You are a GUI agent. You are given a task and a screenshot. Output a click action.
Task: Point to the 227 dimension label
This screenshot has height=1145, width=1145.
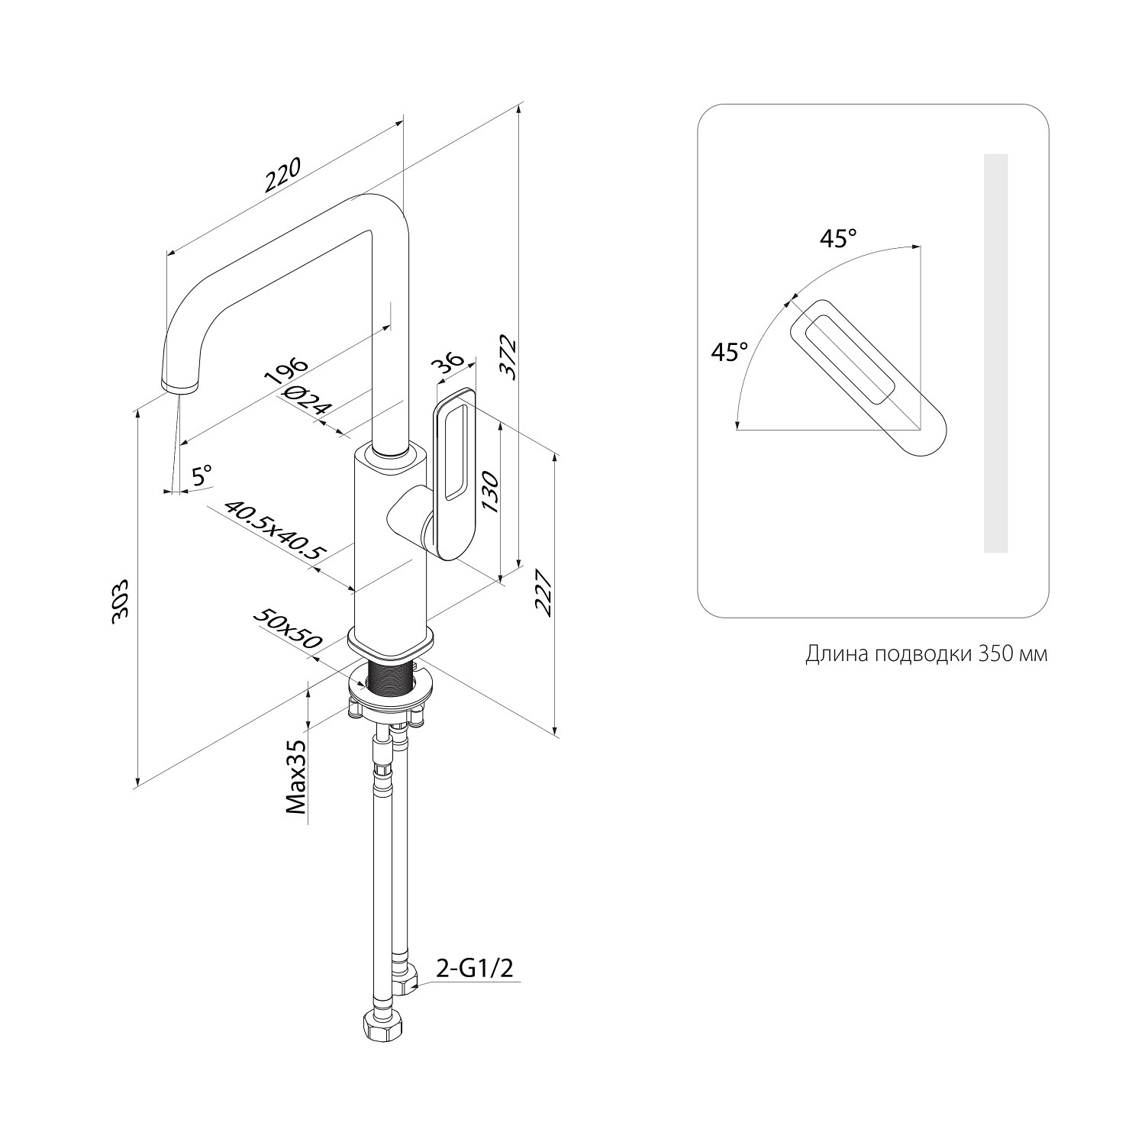543,592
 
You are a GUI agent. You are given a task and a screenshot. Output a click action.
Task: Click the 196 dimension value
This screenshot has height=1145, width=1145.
285,375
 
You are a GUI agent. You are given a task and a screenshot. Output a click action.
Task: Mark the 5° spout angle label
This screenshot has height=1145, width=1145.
202,476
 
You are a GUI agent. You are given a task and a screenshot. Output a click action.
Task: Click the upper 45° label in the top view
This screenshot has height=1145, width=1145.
838,239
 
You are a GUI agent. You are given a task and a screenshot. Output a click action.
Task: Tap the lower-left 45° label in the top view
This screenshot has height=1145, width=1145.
729,352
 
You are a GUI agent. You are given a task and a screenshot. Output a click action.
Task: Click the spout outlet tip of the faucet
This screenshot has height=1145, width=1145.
177,385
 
